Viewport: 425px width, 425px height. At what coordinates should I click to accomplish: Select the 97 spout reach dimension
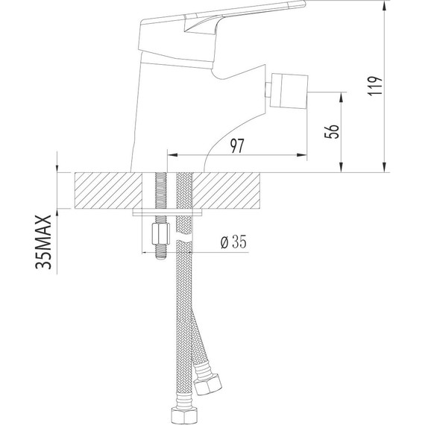[238, 146]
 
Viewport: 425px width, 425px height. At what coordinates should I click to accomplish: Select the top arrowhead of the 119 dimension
[383, 7]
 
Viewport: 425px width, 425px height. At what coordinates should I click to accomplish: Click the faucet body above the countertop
[160, 112]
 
